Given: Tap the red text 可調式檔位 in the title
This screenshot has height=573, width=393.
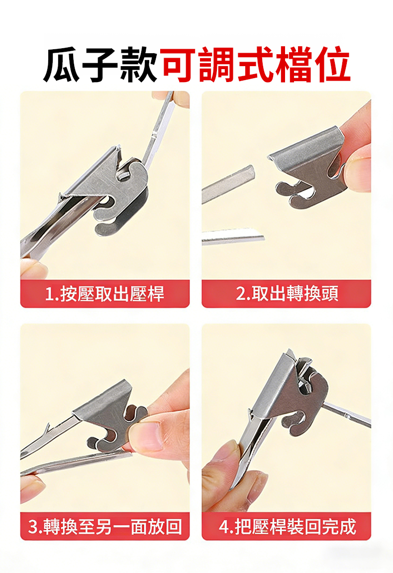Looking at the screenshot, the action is [256, 64].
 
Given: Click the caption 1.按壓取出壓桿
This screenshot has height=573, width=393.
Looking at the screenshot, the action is [104, 294].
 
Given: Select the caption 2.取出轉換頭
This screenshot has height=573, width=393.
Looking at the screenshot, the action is [287, 293].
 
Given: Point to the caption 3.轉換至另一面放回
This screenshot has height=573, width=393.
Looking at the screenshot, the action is [105, 526].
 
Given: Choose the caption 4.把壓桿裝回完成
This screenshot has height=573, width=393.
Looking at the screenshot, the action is [287, 526].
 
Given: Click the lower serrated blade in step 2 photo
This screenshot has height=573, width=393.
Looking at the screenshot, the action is [233, 236].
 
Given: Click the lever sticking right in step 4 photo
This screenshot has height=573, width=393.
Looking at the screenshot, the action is [347, 413].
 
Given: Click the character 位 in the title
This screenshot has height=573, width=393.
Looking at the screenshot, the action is [333, 64].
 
